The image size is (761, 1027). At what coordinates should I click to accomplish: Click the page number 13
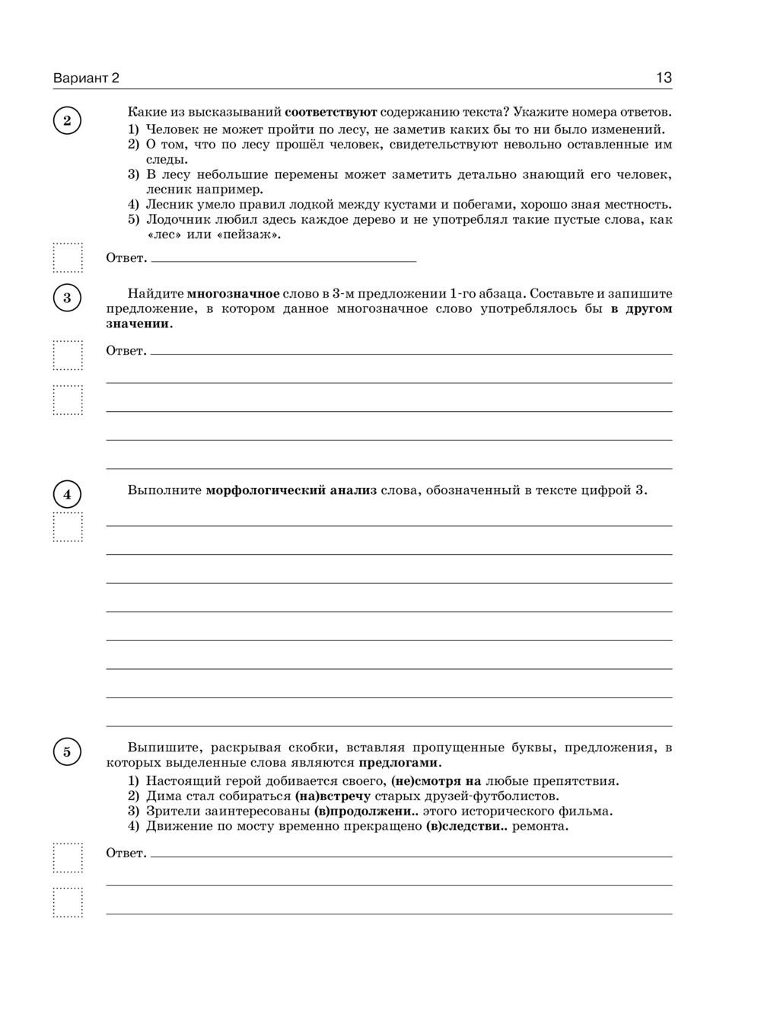click(x=663, y=78)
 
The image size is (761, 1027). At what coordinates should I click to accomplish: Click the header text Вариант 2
click(x=86, y=78)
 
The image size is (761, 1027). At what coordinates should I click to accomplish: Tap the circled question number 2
click(x=67, y=120)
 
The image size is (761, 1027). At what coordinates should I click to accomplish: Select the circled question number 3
click(x=67, y=298)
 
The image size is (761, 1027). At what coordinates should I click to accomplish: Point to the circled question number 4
click(x=67, y=495)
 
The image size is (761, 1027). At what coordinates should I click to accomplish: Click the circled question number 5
click(x=67, y=752)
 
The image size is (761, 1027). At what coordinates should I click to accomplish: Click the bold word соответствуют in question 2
click(x=331, y=112)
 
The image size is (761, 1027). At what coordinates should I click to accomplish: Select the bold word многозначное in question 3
click(x=233, y=294)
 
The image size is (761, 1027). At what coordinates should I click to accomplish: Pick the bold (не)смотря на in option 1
click(x=436, y=781)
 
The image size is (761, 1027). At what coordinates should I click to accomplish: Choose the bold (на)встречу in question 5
click(x=333, y=796)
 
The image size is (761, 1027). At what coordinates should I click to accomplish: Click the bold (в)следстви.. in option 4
click(x=466, y=826)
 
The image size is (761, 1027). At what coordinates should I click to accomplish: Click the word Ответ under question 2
click(x=126, y=258)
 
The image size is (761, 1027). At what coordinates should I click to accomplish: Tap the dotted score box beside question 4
click(x=68, y=527)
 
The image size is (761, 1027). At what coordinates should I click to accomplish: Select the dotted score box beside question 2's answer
click(x=68, y=257)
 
